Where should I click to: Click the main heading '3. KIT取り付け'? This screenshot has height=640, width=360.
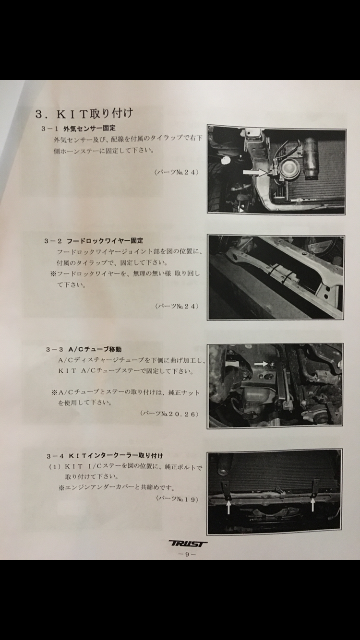click(x=84, y=113)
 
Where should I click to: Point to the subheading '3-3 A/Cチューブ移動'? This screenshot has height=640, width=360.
click(x=84, y=349)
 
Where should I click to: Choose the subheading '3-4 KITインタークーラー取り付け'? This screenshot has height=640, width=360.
click(x=105, y=455)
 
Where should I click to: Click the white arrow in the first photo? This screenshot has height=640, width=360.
click(x=254, y=172)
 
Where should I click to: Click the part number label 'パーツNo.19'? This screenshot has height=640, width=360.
click(x=177, y=499)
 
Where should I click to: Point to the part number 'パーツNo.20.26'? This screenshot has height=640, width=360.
click(x=169, y=414)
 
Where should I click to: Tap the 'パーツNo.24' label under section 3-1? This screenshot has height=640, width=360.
click(x=176, y=172)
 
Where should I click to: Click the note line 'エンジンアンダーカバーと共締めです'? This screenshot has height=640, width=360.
click(x=117, y=487)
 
